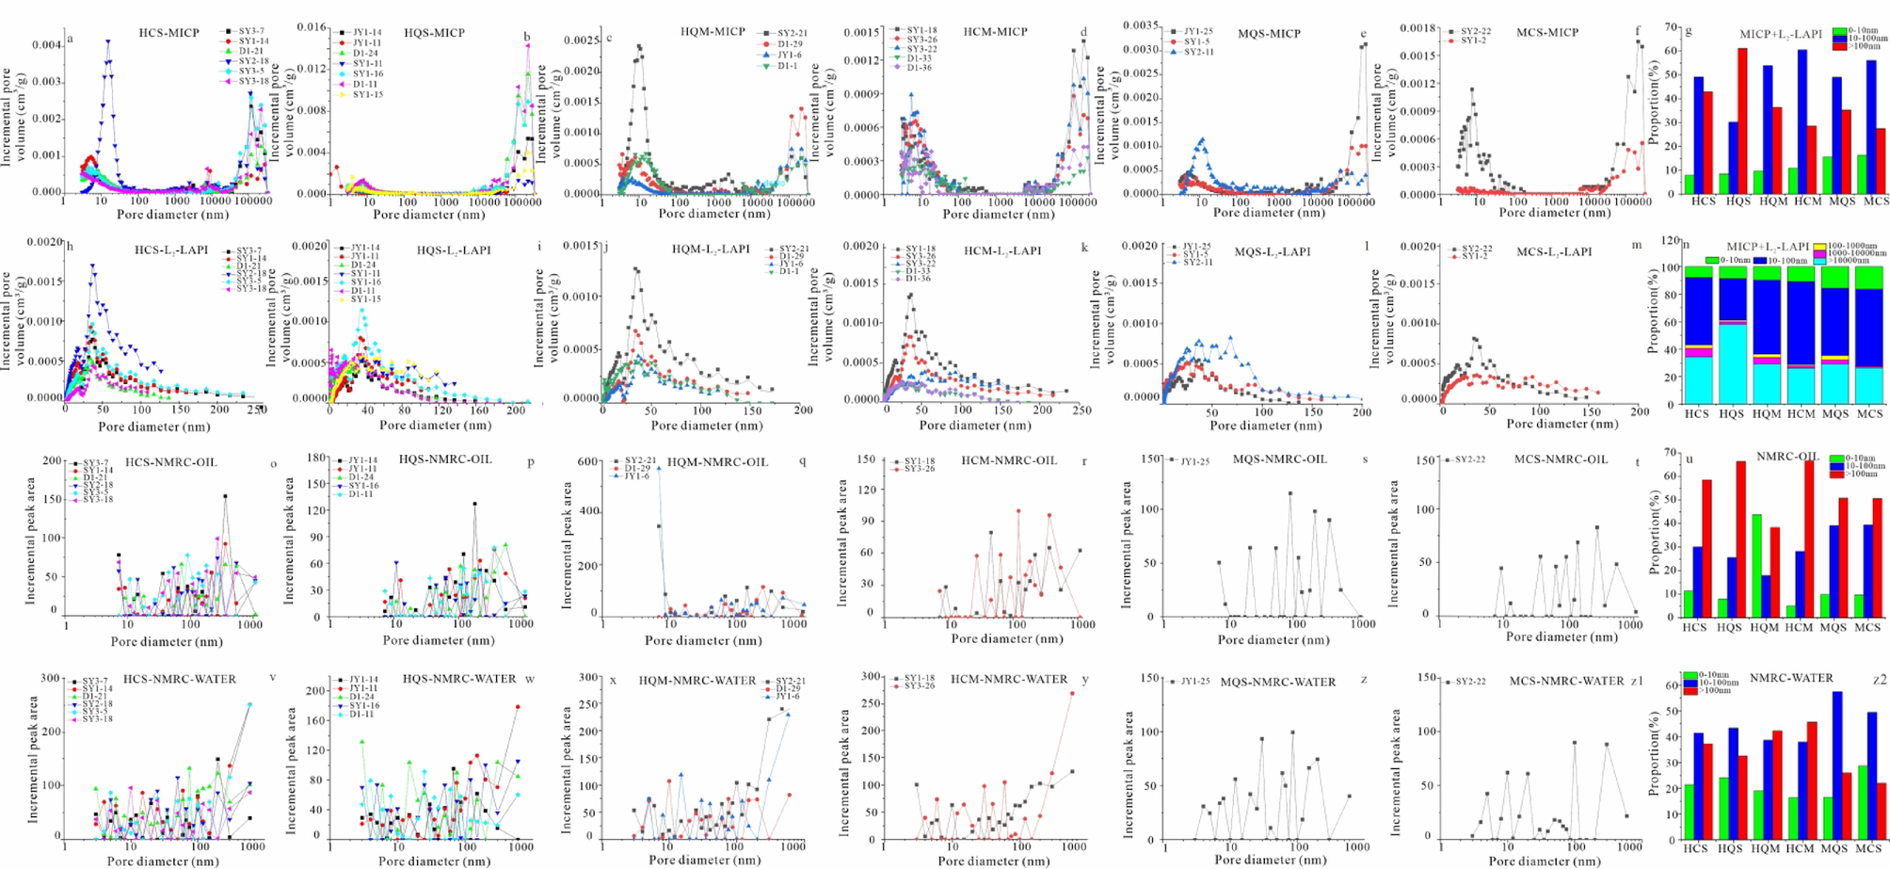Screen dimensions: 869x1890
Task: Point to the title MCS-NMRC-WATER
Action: point(1566,681)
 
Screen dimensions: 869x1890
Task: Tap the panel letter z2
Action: point(1879,679)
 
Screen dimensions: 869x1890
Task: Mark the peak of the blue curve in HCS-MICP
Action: point(108,40)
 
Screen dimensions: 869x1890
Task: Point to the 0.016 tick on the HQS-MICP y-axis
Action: point(312,27)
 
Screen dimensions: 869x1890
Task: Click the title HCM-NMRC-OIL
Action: point(1010,460)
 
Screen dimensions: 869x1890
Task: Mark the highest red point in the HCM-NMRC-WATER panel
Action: point(1072,693)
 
